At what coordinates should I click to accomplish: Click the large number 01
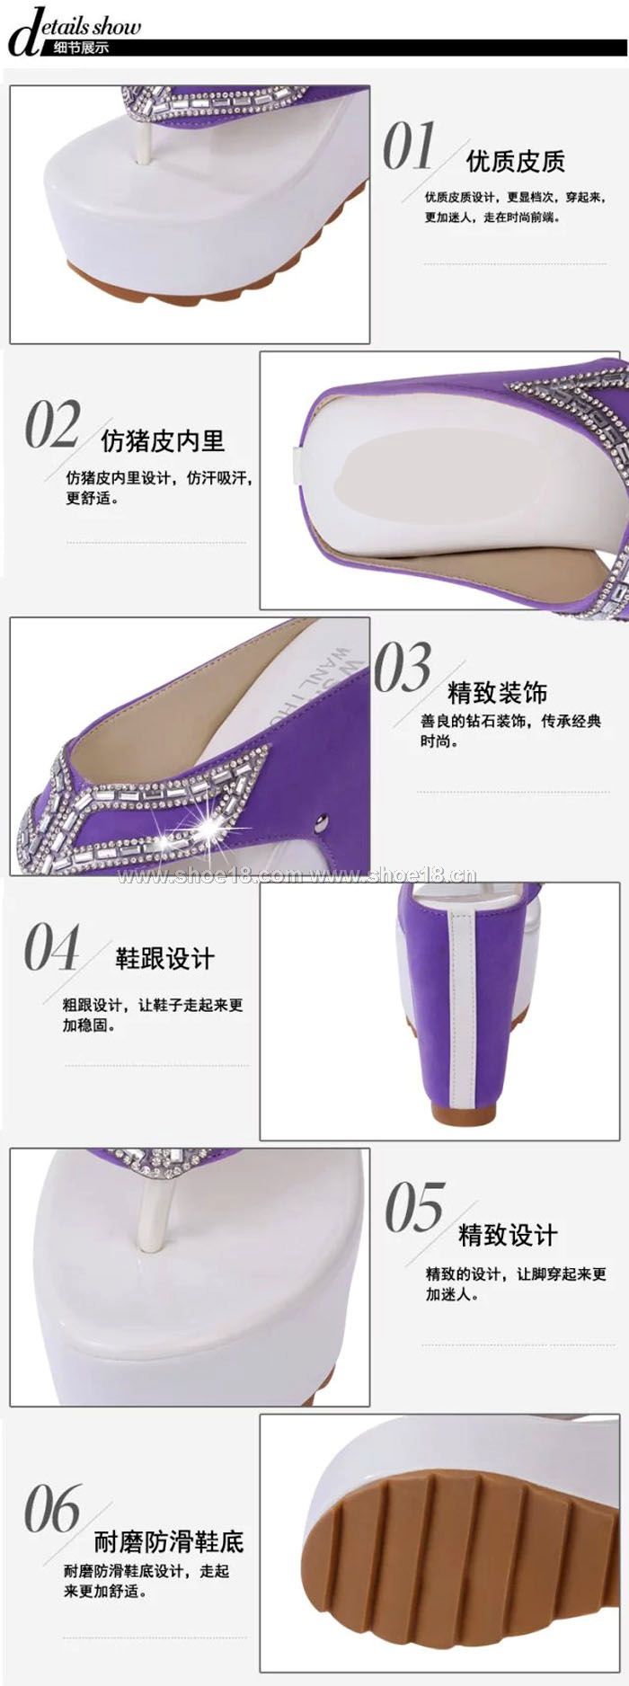410,146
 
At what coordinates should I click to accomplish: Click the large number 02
53,424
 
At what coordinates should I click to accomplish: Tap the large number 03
403,668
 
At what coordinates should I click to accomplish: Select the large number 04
52,946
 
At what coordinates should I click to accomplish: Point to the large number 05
415,1207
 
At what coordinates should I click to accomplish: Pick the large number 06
53,1509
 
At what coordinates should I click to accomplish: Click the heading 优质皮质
515,161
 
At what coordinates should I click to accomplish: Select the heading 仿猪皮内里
163,440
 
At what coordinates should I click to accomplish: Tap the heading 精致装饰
497,692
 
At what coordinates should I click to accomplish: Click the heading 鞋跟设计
164,958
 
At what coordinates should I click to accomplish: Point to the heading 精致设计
508,1234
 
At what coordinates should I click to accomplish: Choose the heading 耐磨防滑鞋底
169,1542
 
